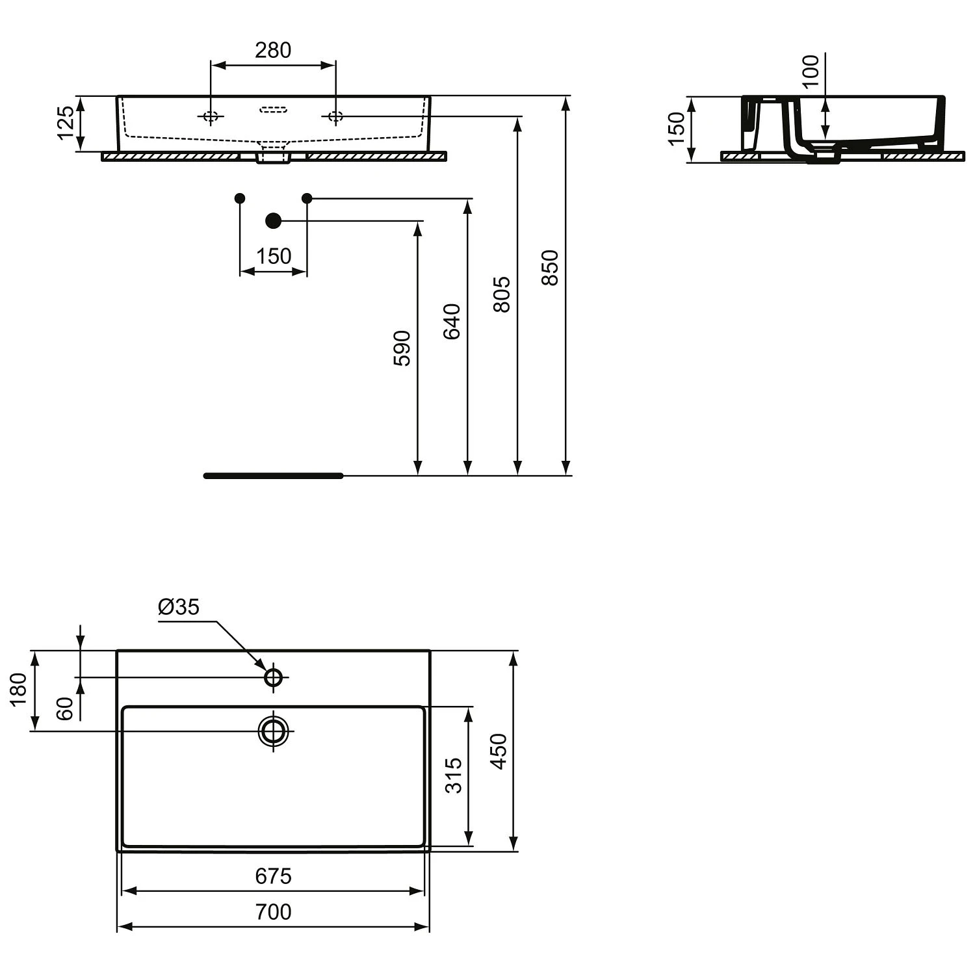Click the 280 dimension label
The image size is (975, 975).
[272, 50]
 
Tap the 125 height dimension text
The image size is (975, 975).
[66, 123]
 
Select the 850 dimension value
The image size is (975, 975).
[550, 267]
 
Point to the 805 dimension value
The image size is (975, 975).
[501, 294]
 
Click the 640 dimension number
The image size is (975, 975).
[452, 321]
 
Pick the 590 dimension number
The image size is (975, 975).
[402, 348]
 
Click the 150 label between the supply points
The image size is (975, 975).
[273, 256]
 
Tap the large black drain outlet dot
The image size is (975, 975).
[274, 221]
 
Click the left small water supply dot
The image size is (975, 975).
[240, 198]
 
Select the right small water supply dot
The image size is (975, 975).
[307, 198]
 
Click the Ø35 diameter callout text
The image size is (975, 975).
[178, 607]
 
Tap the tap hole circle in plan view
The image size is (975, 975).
[274, 677]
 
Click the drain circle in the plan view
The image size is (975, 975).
[274, 731]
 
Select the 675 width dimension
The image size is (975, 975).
[273, 876]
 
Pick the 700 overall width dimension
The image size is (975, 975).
[273, 912]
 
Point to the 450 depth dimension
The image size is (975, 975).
[499, 751]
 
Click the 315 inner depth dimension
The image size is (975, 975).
[454, 775]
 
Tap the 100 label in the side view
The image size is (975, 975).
[811, 71]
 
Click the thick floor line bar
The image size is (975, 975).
[273, 476]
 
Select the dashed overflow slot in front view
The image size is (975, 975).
[273, 109]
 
